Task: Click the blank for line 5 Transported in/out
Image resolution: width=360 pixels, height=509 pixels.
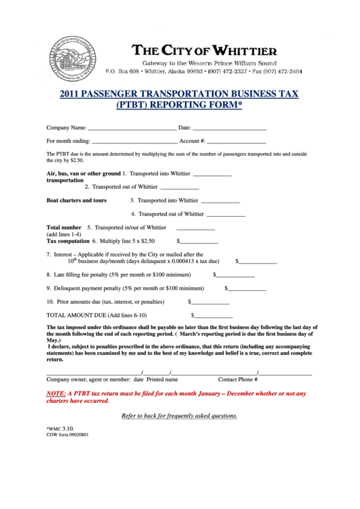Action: click(196, 229)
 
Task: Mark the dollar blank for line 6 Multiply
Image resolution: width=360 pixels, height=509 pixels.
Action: click(199, 242)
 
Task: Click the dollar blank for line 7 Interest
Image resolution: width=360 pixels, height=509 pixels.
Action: click(257, 262)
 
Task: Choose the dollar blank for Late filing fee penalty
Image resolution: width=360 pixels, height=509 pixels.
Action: click(235, 276)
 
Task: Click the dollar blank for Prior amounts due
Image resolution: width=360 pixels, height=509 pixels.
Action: click(211, 302)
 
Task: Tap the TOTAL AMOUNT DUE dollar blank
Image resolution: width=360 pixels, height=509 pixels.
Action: click(213, 317)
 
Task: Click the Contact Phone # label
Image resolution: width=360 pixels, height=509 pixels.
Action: click(238, 379)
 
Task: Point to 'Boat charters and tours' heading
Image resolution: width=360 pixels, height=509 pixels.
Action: click(76, 201)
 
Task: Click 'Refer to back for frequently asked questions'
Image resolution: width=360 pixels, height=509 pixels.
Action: click(179, 416)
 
